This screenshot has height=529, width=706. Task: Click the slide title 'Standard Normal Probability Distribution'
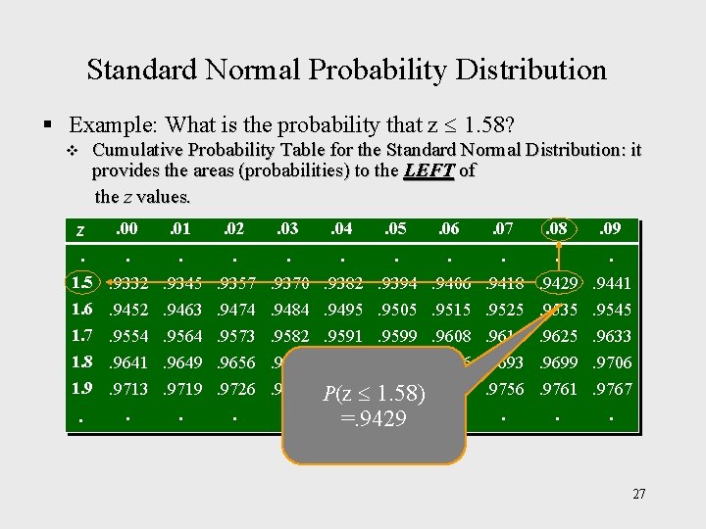[346, 70]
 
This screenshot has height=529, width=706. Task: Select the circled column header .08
[558, 230]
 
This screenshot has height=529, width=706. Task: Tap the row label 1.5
[81, 283]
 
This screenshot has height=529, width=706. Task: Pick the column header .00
[126, 230]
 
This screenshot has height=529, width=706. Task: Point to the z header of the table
[79, 232]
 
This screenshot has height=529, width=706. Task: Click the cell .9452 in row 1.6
[127, 310]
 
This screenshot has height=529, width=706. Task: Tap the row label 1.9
[81, 388]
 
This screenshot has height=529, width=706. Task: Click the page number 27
[638, 494]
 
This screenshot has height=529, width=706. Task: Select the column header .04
[340, 230]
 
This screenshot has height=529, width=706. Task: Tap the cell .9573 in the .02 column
[235, 336]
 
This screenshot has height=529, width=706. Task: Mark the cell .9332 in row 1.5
[127, 284]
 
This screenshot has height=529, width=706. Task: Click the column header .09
[611, 230]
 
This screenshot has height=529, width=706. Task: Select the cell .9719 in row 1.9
[181, 389]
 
